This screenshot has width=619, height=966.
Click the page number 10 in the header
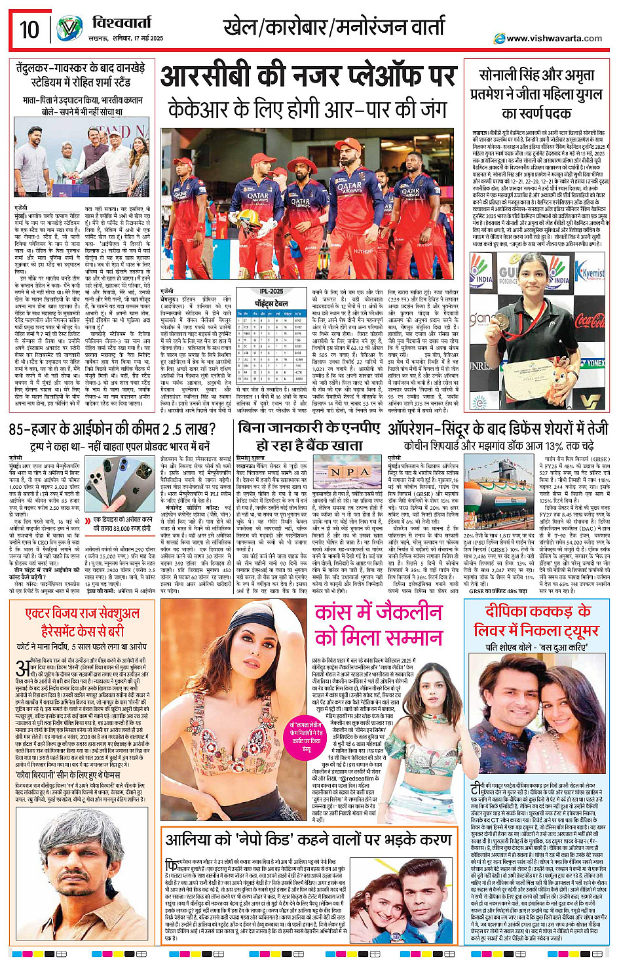(x=29, y=29)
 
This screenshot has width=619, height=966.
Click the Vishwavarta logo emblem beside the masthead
(x=69, y=29)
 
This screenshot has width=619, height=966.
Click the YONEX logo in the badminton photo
(x=593, y=362)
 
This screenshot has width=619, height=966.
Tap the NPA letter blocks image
(x=350, y=472)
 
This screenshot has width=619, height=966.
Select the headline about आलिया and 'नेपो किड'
(x=309, y=840)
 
